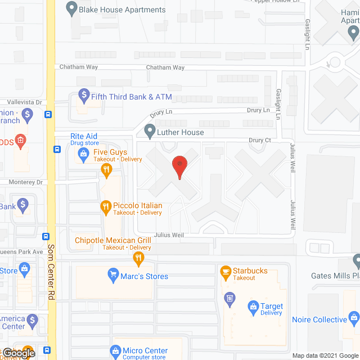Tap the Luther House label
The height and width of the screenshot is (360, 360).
click(x=181, y=132)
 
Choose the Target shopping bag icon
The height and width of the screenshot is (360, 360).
click(x=253, y=307)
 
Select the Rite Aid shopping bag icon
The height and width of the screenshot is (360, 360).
click(x=83, y=153)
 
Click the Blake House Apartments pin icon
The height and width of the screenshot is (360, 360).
click(x=71, y=9)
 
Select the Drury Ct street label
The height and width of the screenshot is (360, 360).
click(x=260, y=139)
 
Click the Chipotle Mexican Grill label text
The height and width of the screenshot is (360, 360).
click(x=112, y=241)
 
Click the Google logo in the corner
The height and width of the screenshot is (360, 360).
click(x=18, y=353)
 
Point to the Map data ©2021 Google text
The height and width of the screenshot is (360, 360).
click(x=325, y=355)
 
